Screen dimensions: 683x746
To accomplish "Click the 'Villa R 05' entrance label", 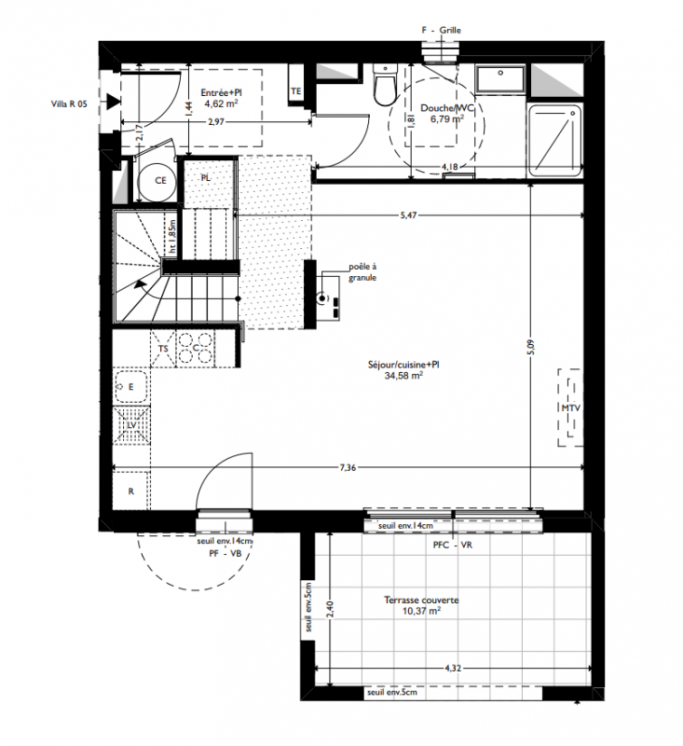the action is tap(69, 104).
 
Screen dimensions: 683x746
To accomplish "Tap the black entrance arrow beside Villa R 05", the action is tap(113, 102).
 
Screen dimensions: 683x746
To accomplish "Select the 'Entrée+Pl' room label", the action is tap(221, 92).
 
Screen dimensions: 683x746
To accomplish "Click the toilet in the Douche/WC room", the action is tap(386, 85).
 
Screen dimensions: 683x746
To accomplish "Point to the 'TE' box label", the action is tap(295, 90).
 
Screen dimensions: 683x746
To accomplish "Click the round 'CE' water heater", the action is tap(157, 181).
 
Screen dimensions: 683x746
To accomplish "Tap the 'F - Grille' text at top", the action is tap(441, 30).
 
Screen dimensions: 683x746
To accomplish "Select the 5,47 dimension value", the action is tap(408, 215).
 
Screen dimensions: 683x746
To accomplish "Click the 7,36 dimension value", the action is tap(348, 468).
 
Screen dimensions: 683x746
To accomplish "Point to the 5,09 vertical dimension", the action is tap(531, 347).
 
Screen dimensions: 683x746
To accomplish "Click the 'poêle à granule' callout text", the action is tap(362, 272).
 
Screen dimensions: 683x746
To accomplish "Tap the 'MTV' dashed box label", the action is tap(570, 408).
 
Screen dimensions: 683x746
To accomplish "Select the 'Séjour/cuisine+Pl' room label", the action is tap(403, 365).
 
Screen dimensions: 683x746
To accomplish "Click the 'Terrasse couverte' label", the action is tap(421, 600).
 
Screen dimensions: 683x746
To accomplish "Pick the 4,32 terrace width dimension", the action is tap(453, 668).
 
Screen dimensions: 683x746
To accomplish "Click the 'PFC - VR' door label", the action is tap(453, 546).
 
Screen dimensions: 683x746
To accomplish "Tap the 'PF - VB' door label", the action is tap(225, 553).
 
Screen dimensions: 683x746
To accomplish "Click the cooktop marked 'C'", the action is tap(195, 349).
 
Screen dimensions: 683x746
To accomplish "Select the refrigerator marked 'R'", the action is tap(131, 491).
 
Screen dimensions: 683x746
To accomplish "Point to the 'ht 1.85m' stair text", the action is tap(172, 236).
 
